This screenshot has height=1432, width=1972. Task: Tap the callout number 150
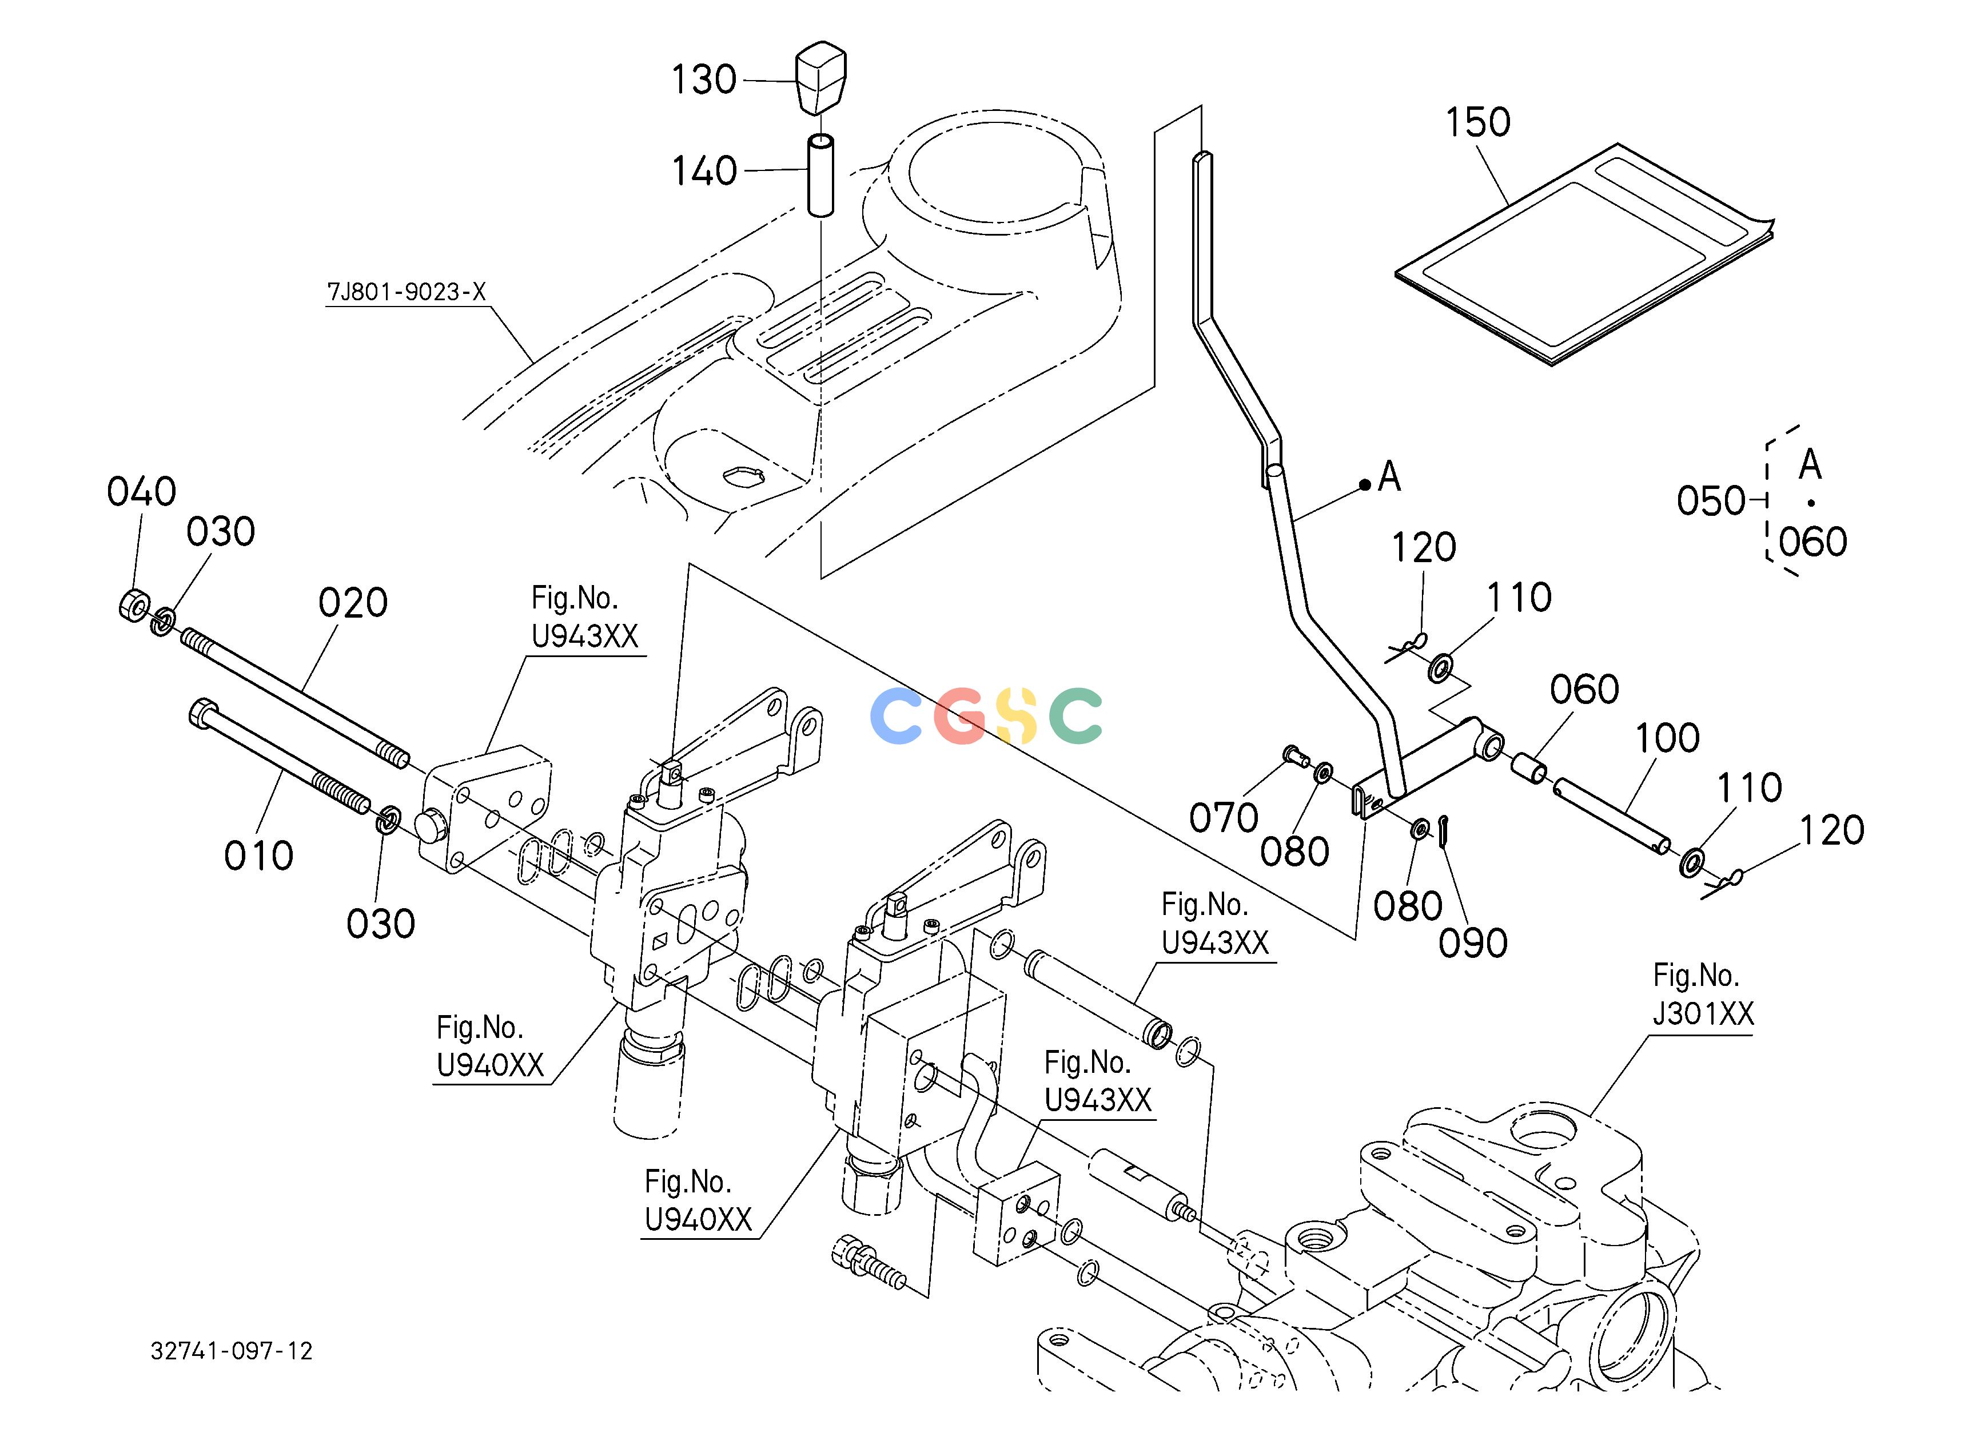[x=1477, y=122]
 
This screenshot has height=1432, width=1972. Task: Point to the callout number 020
[x=352, y=603]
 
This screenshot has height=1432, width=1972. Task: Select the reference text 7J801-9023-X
[x=406, y=292]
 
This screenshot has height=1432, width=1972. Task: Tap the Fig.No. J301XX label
[x=1703, y=995]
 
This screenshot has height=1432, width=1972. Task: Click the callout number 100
[x=1667, y=738]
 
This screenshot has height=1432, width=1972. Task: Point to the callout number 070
[x=1224, y=818]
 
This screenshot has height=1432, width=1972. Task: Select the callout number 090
[x=1473, y=944]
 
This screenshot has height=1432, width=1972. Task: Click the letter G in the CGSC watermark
[x=961, y=715]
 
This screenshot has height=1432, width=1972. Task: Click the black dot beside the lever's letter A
[x=1366, y=485]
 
